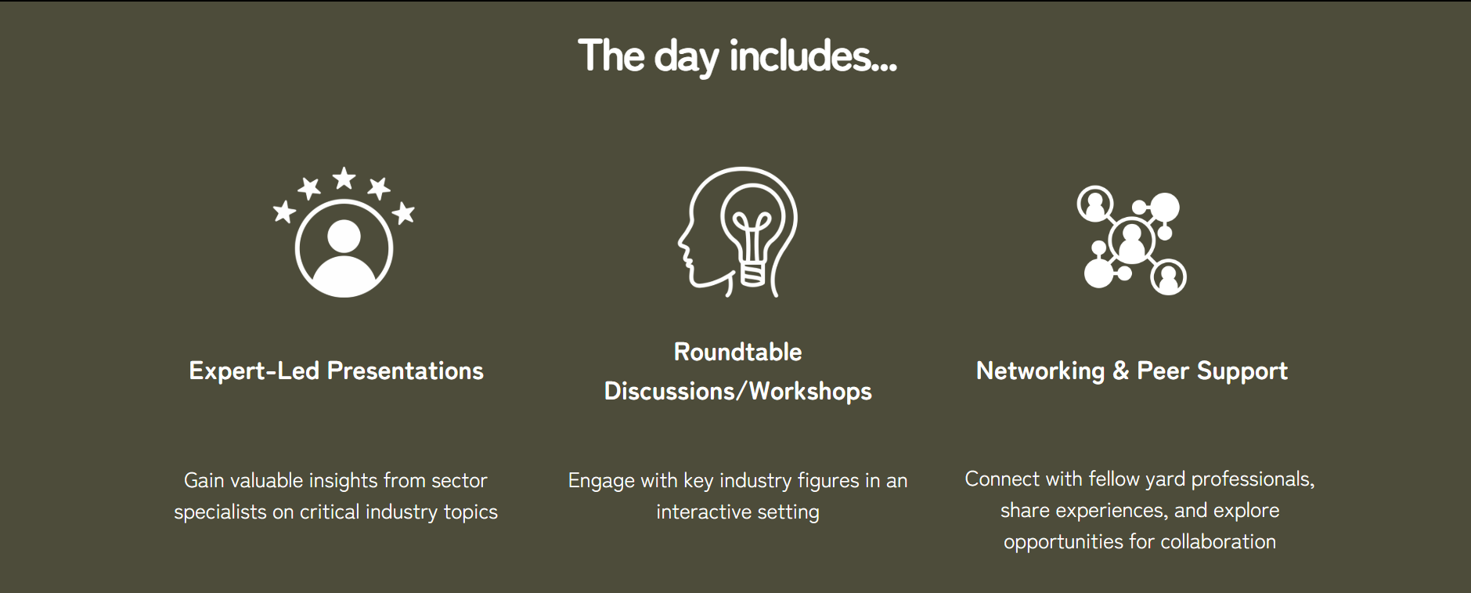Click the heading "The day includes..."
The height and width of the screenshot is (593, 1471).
pos(737,56)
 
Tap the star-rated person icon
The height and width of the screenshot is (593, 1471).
pos(344,232)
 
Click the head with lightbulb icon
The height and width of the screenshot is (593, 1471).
pos(737,232)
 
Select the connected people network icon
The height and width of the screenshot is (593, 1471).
pos(1132,240)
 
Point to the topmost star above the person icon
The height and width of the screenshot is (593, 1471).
pos(344,179)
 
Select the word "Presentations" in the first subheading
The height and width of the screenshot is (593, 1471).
pos(406,371)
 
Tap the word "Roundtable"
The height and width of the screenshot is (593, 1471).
pos(737,352)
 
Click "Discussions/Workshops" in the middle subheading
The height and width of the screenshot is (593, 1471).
pos(737,391)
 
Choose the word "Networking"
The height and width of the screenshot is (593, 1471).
pos(1040,371)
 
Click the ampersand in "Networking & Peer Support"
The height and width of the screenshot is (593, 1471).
pos(1121,371)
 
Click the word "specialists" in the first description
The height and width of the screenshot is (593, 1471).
pos(220,512)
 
